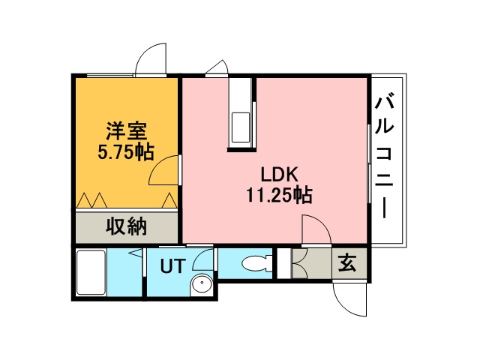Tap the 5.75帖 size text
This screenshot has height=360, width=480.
pyautogui.click(x=125, y=152)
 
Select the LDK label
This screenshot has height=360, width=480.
pyautogui.click(x=280, y=174)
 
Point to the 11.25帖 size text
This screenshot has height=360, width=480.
pyautogui.click(x=279, y=196)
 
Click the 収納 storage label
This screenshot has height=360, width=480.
pyautogui.click(x=125, y=226)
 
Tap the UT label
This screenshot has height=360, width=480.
pyautogui.click(x=173, y=265)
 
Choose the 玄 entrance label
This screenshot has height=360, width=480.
pyautogui.click(x=346, y=263)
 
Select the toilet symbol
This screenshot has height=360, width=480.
pyautogui.click(x=257, y=264)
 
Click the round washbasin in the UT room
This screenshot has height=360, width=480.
pyautogui.click(x=200, y=285)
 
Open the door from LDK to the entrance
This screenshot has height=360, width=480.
pyautogui.click(x=315, y=229)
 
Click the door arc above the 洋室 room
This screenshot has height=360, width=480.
pyautogui.click(x=150, y=60)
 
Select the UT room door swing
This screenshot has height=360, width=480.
pyautogui.click(x=202, y=259)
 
